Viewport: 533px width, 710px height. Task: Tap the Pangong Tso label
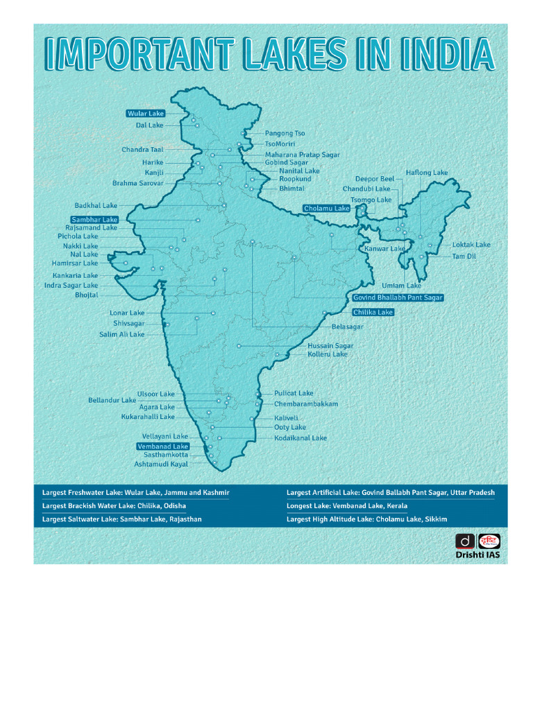click(x=285, y=133)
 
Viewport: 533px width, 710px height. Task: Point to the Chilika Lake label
click(x=373, y=313)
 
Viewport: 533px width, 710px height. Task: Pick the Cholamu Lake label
click(x=326, y=208)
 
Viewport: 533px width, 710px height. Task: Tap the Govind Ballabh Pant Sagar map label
click(x=398, y=297)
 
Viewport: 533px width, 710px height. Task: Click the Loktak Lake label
click(x=471, y=245)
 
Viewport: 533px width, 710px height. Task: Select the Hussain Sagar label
click(x=330, y=345)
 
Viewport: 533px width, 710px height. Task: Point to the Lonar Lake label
click(x=127, y=313)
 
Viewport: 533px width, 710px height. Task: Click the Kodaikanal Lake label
click(x=300, y=438)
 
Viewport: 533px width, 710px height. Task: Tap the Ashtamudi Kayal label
click(x=161, y=464)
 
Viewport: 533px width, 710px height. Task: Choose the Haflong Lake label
click(x=427, y=173)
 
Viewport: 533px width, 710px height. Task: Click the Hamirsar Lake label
click(x=75, y=263)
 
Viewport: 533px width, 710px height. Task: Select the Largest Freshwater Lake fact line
click(x=136, y=492)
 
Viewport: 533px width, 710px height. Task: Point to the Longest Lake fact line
click(x=347, y=505)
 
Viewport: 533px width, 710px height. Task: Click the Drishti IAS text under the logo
click(x=477, y=555)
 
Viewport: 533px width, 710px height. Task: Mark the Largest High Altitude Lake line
click(x=366, y=519)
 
